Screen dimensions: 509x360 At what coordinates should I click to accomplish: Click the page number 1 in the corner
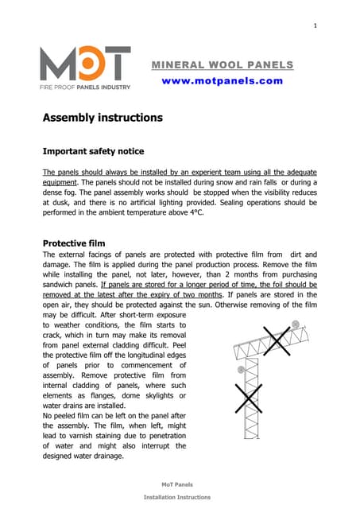[x=315, y=26]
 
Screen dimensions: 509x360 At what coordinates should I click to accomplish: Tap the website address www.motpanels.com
[x=222, y=80]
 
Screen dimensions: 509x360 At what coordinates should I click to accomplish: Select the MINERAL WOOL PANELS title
[x=222, y=64]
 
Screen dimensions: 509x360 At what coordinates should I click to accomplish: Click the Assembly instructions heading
[x=103, y=118]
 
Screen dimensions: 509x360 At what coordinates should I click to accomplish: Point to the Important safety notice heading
[x=93, y=151]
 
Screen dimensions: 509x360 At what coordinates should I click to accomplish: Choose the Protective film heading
[x=75, y=243]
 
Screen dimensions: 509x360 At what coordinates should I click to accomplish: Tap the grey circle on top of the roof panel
[x=296, y=324]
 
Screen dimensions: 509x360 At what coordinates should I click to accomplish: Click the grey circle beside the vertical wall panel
[x=240, y=369]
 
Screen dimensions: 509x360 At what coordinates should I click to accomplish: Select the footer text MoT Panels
[x=177, y=484]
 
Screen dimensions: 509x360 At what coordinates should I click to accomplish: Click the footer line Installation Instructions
[x=177, y=497]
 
